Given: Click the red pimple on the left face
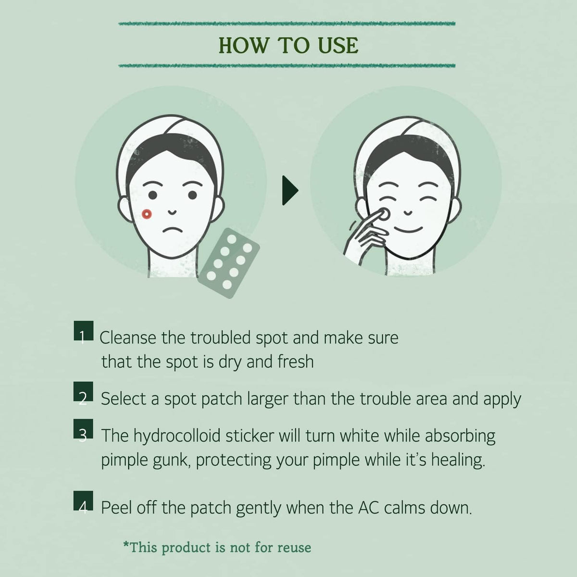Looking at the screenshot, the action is pyautogui.click(x=147, y=214).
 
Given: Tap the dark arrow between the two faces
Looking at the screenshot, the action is pyautogui.click(x=290, y=190).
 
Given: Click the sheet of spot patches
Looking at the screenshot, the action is pyautogui.click(x=229, y=263).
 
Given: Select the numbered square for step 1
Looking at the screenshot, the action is pyautogui.click(x=84, y=330).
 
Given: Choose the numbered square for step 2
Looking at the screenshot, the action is pyautogui.click(x=83, y=391).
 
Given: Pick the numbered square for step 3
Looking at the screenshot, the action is pyautogui.click(x=83, y=428).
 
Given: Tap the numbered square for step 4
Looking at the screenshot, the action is pyautogui.click(x=83, y=501).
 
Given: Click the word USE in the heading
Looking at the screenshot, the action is pyautogui.click(x=338, y=46).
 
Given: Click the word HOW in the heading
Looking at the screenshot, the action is pyautogui.click(x=243, y=46).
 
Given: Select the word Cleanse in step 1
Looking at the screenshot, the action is pyautogui.click(x=128, y=338).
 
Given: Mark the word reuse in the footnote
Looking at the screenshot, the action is pyautogui.click(x=294, y=548).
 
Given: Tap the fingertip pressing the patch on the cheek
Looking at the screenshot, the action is pyautogui.click(x=383, y=214).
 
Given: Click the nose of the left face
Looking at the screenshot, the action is pyautogui.click(x=172, y=212).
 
